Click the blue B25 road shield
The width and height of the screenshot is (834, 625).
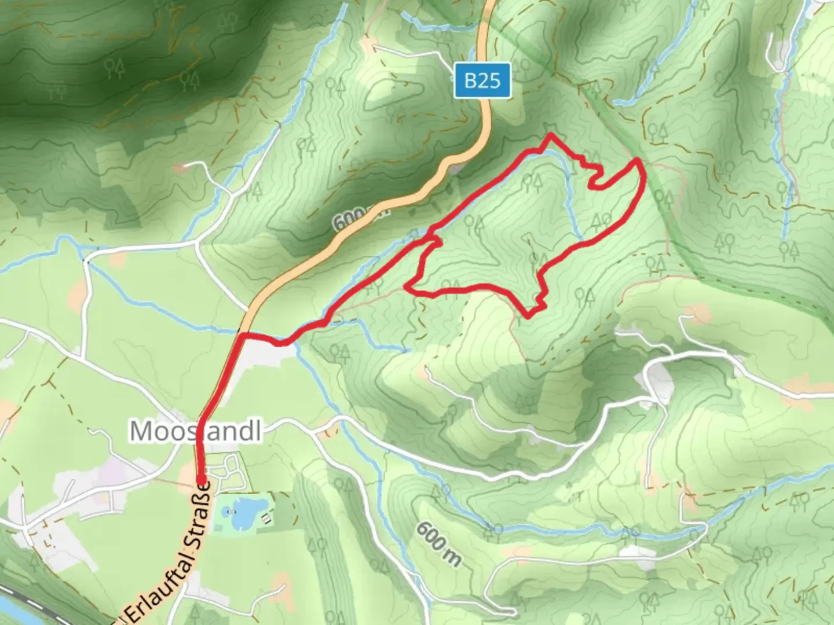pyautogui.click(x=482, y=80)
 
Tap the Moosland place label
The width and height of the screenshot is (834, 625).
pyautogui.click(x=195, y=431)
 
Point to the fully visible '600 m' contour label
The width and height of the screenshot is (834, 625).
pyautogui.click(x=438, y=545)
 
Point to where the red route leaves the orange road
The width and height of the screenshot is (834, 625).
pyautogui.click(x=240, y=335)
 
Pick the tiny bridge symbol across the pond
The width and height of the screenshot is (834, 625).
pyautogui.click(x=231, y=512)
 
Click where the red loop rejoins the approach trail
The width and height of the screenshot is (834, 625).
pyautogui.click(x=432, y=238)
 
